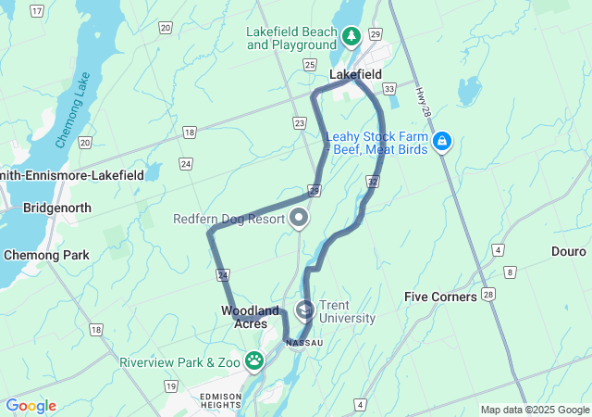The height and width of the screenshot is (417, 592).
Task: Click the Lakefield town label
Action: coord(355,74)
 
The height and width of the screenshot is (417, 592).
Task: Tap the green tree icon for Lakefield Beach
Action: coord(351,37)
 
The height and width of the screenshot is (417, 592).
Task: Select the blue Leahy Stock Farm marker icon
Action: coord(443,141)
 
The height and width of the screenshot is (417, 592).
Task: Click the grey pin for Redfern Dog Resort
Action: coord(299,219)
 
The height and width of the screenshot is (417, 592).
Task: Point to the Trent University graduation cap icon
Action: coord(304,310)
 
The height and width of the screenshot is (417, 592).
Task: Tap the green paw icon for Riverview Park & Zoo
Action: coord(255,360)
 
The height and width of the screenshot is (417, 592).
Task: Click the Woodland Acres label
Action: coord(250,317)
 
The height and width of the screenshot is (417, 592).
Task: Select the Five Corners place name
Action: coord(440,297)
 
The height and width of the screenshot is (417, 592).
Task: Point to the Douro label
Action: coord(568,251)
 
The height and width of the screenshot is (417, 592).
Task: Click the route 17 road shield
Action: coord(37,10)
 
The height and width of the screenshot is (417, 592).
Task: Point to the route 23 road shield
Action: coord(299,122)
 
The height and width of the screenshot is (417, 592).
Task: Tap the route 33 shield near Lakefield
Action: coord(389,89)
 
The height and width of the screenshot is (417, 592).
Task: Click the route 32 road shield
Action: coord(372,180)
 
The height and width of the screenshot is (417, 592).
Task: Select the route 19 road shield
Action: coord(170,385)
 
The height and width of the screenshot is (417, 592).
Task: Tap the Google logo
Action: coord(31,406)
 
